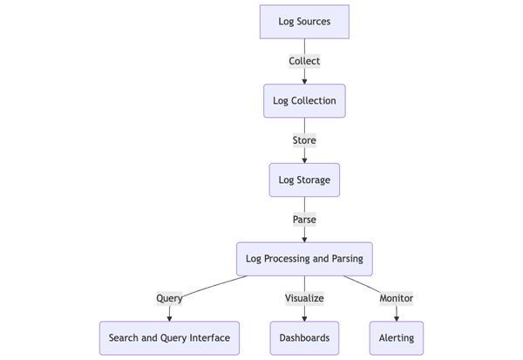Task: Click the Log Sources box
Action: [x=304, y=22]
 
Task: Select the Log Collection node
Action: [x=304, y=101]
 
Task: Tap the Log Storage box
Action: [x=304, y=180]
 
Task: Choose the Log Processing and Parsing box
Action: [x=304, y=259]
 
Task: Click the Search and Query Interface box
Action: [x=169, y=338]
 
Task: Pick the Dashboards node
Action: [x=304, y=338]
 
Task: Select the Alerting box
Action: [x=397, y=338]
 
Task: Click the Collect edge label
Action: [x=304, y=61]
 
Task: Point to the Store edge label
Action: [x=304, y=140]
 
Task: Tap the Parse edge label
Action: [x=304, y=220]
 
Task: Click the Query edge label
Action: [x=169, y=298]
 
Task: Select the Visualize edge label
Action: [x=304, y=298]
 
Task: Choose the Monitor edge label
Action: [x=397, y=298]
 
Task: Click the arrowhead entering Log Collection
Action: [x=304, y=81]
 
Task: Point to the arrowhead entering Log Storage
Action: [x=304, y=160]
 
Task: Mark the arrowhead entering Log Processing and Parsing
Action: [x=304, y=239]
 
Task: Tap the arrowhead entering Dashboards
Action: [x=304, y=318]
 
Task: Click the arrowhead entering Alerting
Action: [x=397, y=318]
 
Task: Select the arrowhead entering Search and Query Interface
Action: [x=169, y=318]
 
